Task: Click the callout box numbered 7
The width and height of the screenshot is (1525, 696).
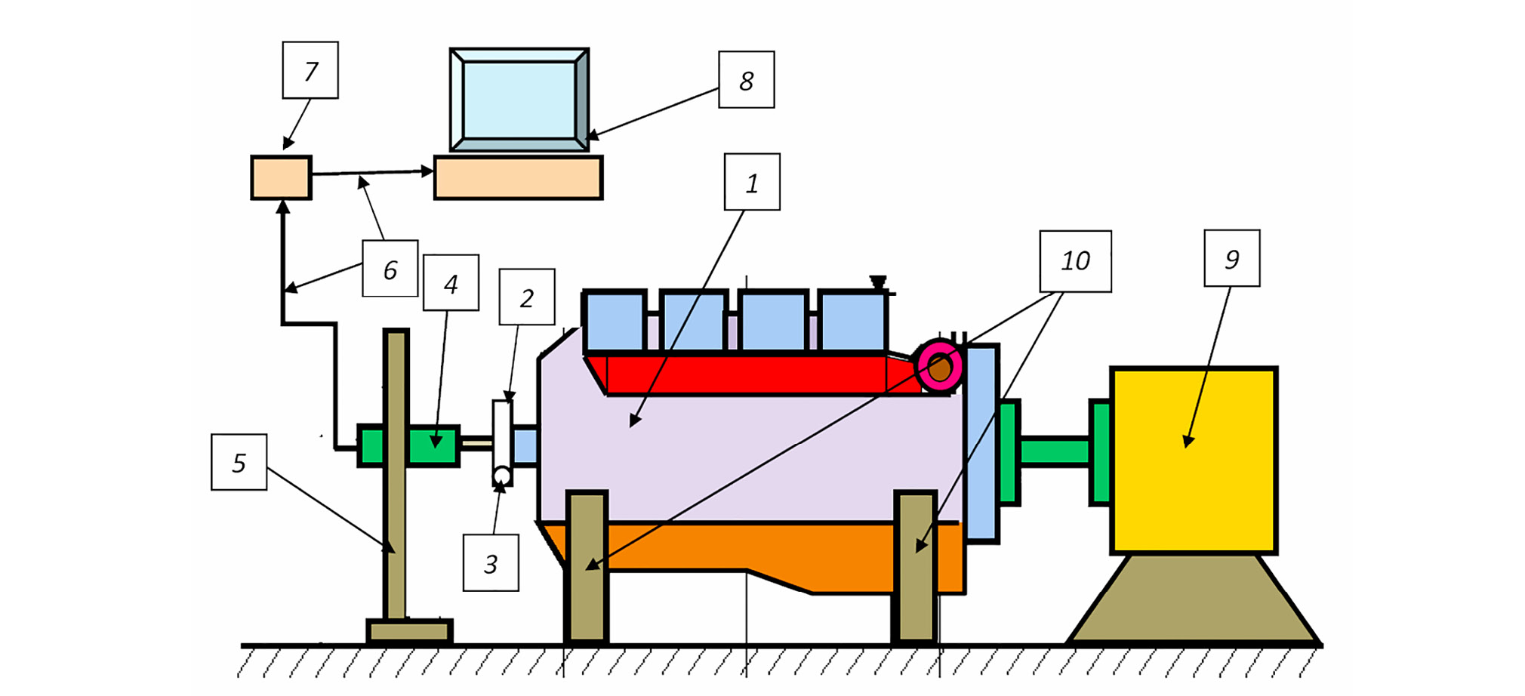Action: [x=310, y=70]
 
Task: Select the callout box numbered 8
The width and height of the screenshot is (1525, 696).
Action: [x=746, y=80]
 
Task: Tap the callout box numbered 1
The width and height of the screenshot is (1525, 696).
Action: [x=752, y=182]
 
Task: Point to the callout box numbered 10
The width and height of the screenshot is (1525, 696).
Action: [x=1075, y=261]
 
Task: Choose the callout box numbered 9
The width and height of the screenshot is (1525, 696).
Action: [x=1231, y=259]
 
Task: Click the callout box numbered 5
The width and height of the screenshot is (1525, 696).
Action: [x=239, y=462]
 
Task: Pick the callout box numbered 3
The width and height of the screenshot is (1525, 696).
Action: [x=491, y=563]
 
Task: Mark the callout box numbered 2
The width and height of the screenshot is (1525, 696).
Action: [x=527, y=297]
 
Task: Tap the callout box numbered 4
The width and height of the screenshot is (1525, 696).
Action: [x=451, y=283]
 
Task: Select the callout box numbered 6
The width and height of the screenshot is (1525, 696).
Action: [x=390, y=269]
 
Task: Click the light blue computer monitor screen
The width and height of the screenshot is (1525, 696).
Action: [x=519, y=100]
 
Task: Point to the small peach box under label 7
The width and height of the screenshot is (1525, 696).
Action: [x=281, y=178]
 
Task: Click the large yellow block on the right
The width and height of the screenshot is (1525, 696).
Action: [x=1194, y=460]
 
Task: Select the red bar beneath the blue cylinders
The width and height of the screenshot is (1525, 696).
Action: [x=747, y=374]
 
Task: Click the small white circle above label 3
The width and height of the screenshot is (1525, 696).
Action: [x=502, y=476]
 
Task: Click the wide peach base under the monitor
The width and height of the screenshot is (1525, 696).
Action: [x=518, y=178]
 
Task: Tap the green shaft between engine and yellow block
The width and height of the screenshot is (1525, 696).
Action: [x=1055, y=451]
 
